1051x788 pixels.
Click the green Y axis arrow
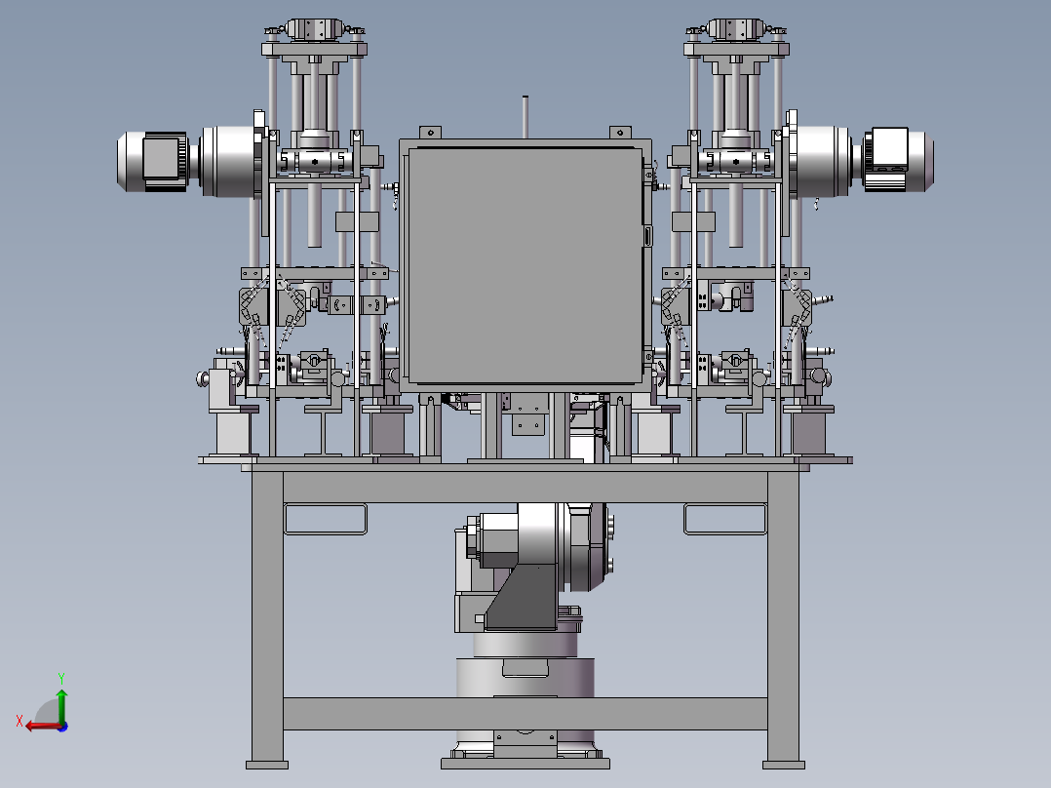[61, 704]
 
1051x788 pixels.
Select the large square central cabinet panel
[525, 266]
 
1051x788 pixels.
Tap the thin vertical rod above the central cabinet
[525, 117]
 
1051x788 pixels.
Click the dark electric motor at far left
[153, 162]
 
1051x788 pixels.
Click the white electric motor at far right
[897, 160]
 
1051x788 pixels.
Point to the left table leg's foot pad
[267, 765]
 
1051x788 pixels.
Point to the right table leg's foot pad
[784, 765]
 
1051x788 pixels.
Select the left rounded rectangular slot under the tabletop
[326, 519]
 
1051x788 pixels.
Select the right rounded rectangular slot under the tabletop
[725, 519]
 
